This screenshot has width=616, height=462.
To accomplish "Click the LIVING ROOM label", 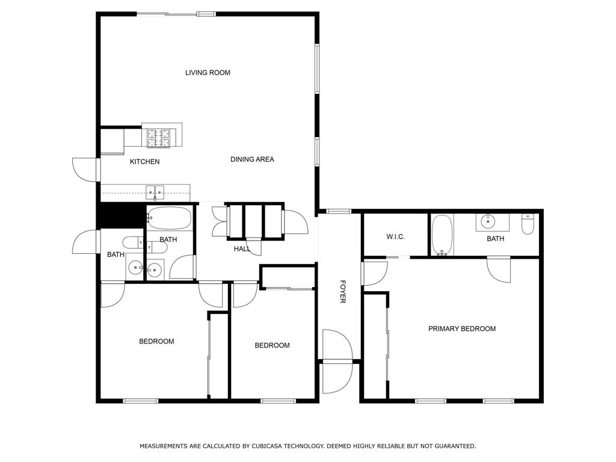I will (x=208, y=73).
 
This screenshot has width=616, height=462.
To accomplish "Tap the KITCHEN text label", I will (x=145, y=162).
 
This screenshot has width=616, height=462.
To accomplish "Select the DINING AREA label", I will (x=252, y=159).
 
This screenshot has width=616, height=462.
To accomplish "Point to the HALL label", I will (x=242, y=248).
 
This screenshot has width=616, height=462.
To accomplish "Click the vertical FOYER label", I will (x=342, y=291).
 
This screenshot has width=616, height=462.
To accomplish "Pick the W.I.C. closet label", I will (x=395, y=237).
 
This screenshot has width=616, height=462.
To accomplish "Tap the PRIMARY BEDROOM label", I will (x=461, y=329).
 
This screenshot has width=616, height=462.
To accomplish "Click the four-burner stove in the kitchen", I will (x=158, y=138).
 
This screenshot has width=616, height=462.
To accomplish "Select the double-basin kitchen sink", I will (x=155, y=194).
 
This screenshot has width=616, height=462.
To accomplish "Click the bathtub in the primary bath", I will (x=442, y=235).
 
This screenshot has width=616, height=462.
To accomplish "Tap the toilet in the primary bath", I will (x=528, y=224).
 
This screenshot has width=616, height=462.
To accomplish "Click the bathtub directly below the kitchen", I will (x=169, y=218).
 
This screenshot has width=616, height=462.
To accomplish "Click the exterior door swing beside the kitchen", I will (x=84, y=169).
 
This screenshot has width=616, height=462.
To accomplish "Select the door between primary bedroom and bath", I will (x=499, y=269).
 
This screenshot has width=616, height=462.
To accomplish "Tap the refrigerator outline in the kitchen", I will (x=112, y=141).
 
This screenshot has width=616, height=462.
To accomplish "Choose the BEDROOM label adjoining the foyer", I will (x=272, y=345).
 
